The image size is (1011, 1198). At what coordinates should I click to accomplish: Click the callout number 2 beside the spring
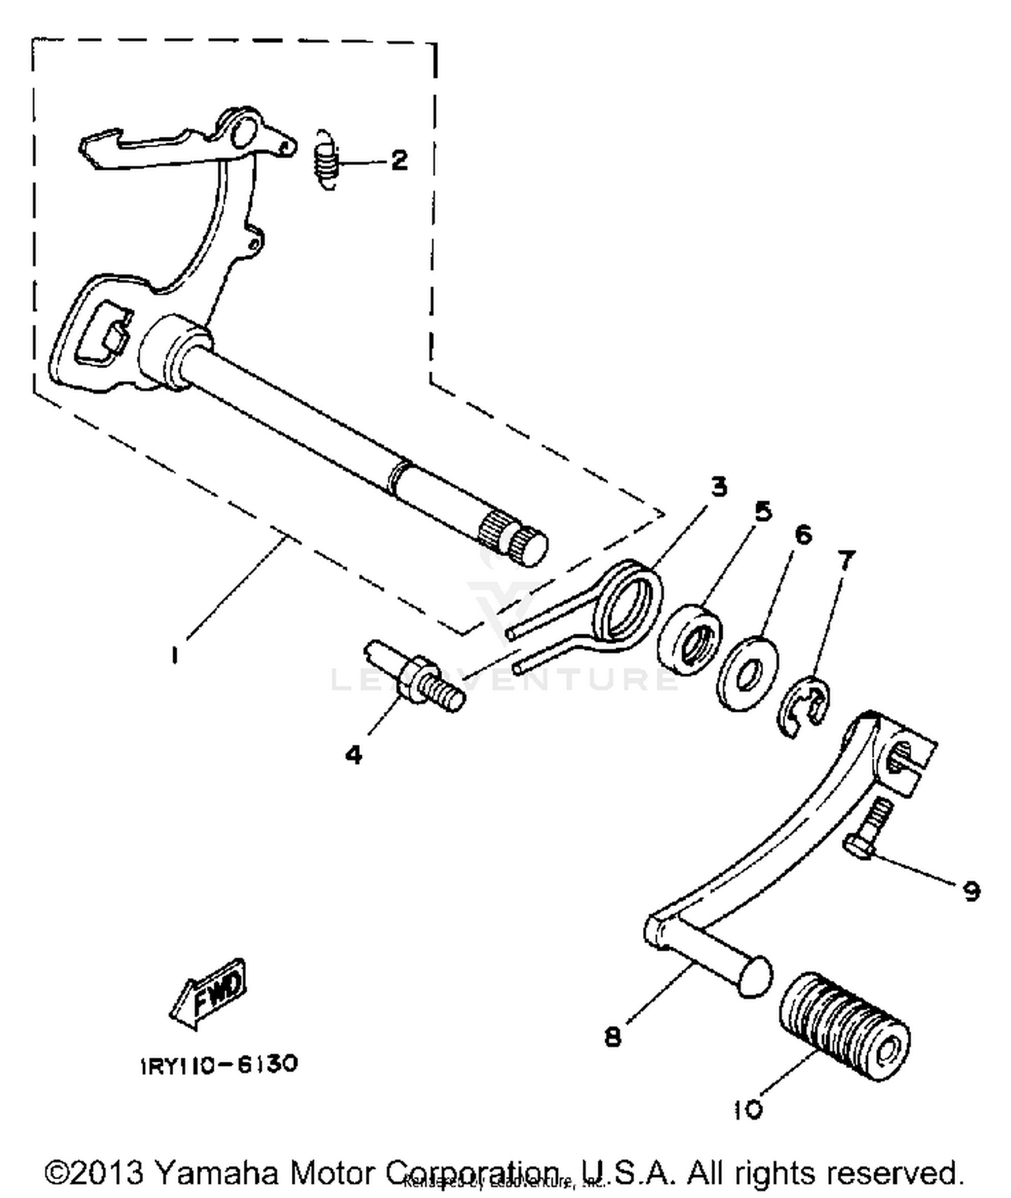point(399,160)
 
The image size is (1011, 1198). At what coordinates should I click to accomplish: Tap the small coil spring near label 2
point(326,160)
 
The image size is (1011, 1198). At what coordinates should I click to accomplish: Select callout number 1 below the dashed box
point(175,654)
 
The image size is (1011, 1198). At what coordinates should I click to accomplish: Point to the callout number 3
point(719,486)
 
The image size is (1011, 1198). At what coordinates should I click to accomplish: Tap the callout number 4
point(353,754)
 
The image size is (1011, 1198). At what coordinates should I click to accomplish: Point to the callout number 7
point(846,559)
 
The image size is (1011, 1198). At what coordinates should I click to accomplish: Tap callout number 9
point(971,891)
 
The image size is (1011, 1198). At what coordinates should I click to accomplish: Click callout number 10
point(747,1109)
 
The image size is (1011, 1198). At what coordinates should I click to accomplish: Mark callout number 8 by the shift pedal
point(612,1037)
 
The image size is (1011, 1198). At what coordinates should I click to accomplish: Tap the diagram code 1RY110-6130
point(220,1065)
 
